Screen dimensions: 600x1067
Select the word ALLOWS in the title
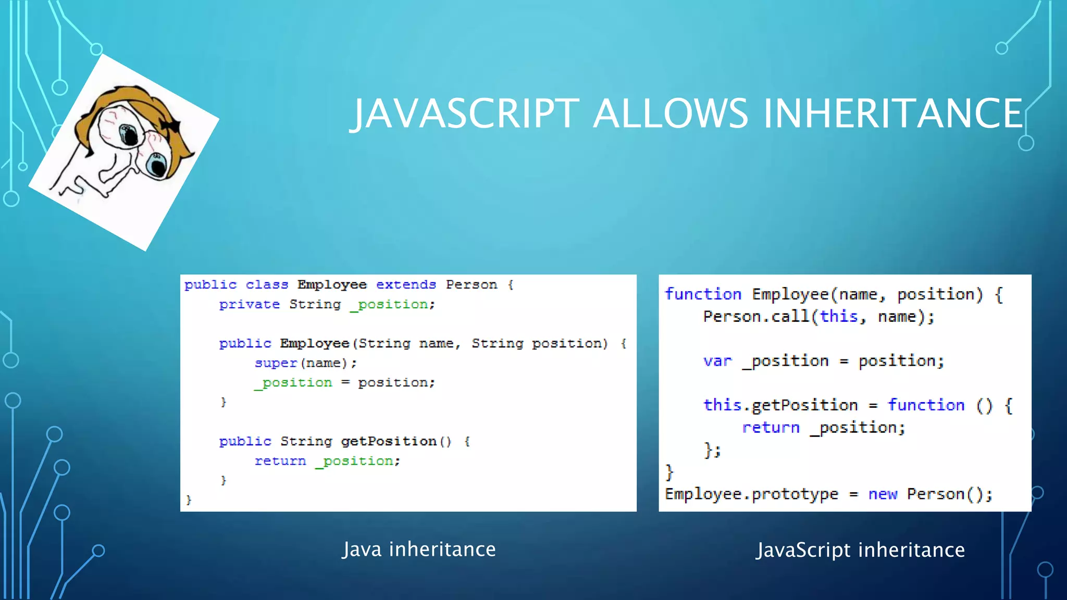click(x=671, y=114)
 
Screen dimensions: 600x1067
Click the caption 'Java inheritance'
click(x=419, y=549)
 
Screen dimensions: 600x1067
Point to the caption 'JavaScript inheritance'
click(x=860, y=550)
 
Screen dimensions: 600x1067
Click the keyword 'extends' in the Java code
click(x=406, y=285)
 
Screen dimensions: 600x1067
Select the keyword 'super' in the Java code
click(x=276, y=363)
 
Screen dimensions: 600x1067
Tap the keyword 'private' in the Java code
click(x=249, y=305)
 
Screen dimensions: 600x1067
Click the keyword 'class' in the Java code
click(x=267, y=285)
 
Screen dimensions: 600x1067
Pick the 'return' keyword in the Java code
click(x=280, y=461)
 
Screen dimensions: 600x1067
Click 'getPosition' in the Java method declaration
click(x=389, y=442)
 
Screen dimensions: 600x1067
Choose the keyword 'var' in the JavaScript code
click(x=717, y=361)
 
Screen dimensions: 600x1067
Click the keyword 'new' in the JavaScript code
click(x=883, y=494)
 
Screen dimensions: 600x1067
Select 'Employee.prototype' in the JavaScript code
click(x=751, y=494)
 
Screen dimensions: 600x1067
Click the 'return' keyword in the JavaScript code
click(x=771, y=428)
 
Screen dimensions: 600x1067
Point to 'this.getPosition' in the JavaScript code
click(x=780, y=405)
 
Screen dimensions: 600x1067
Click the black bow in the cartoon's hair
click(x=170, y=125)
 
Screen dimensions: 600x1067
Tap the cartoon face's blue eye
click(x=156, y=165)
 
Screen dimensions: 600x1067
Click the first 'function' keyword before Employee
click(x=703, y=294)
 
